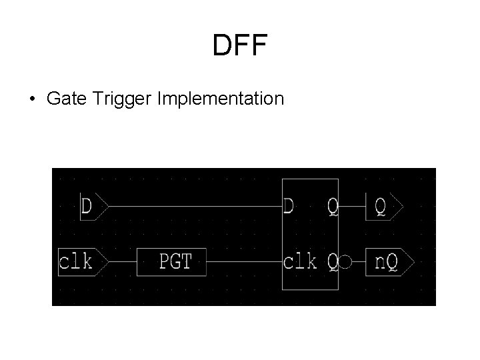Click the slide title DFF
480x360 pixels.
tap(239, 46)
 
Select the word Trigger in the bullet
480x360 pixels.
tap(122, 99)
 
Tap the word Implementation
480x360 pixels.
tap(221, 99)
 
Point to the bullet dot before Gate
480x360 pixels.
tap(32, 99)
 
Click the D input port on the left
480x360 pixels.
tap(90, 206)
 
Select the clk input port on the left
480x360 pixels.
tap(79, 261)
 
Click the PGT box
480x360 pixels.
tap(171, 261)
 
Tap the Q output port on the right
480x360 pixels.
tap(384, 206)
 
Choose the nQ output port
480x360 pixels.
tap(389, 261)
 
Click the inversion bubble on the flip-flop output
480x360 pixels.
tap(345, 262)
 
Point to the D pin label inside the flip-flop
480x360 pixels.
tap(289, 206)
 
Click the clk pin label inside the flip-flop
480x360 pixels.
tap(300, 261)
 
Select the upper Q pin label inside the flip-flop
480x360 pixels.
tap(332, 207)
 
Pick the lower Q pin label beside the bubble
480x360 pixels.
tap(332, 262)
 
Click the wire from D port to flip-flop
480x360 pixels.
tap(193, 206)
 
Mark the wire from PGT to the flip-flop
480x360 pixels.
tap(244, 261)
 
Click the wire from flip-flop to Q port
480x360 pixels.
tap(352, 206)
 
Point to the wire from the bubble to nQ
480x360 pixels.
tap(358, 261)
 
